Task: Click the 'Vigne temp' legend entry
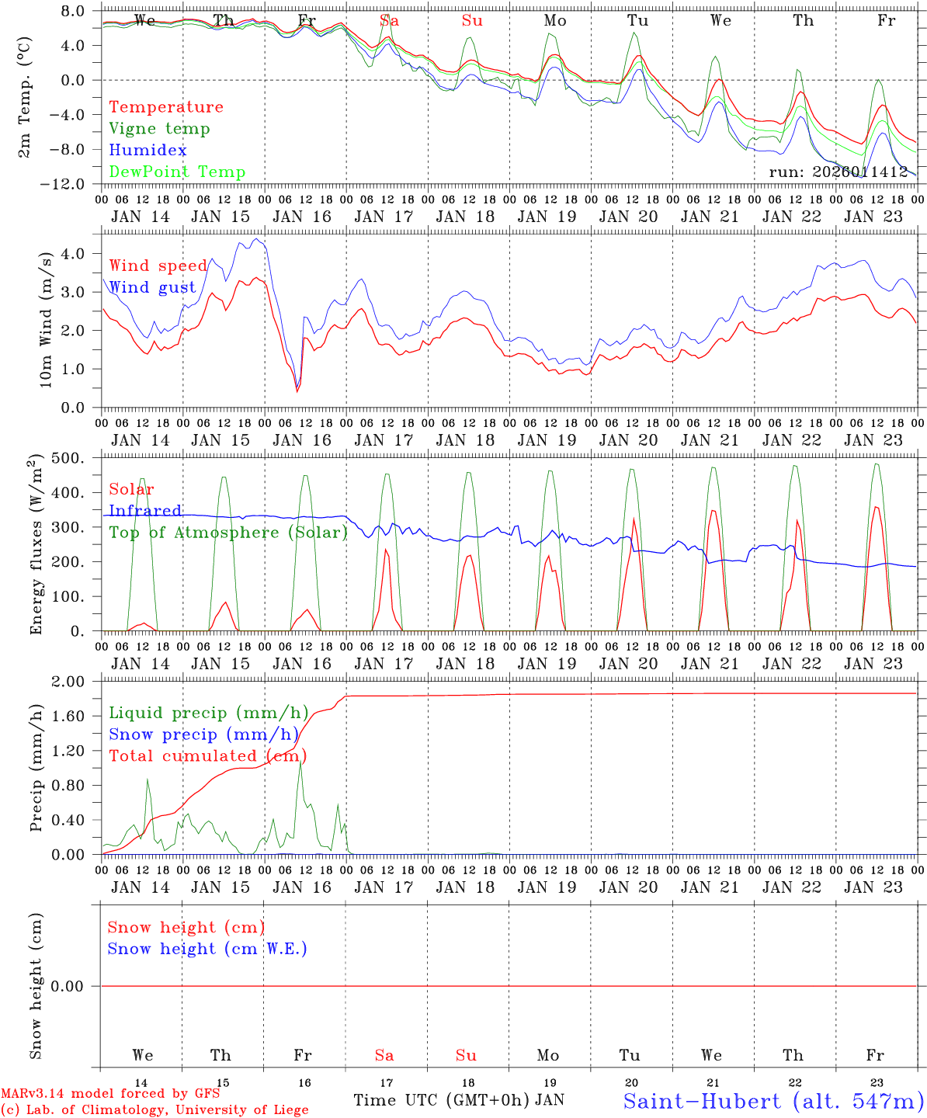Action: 159,129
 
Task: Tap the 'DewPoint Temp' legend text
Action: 177,172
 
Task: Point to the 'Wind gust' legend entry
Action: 152,288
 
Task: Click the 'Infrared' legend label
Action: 145,511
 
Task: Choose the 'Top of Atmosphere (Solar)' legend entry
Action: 228,533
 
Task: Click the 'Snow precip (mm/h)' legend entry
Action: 203,734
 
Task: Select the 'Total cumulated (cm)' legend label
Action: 207,756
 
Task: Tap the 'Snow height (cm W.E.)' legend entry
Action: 207,949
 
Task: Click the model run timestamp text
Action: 838,172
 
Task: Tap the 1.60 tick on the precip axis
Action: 77,716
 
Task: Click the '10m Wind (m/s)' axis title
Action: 46,319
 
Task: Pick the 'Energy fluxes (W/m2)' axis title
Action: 36,546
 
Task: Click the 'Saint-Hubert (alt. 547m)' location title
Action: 773,1101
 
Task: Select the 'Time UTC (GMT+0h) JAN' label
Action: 459,1100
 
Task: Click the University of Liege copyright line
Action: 154,1110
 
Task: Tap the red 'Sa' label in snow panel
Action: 384,1055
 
